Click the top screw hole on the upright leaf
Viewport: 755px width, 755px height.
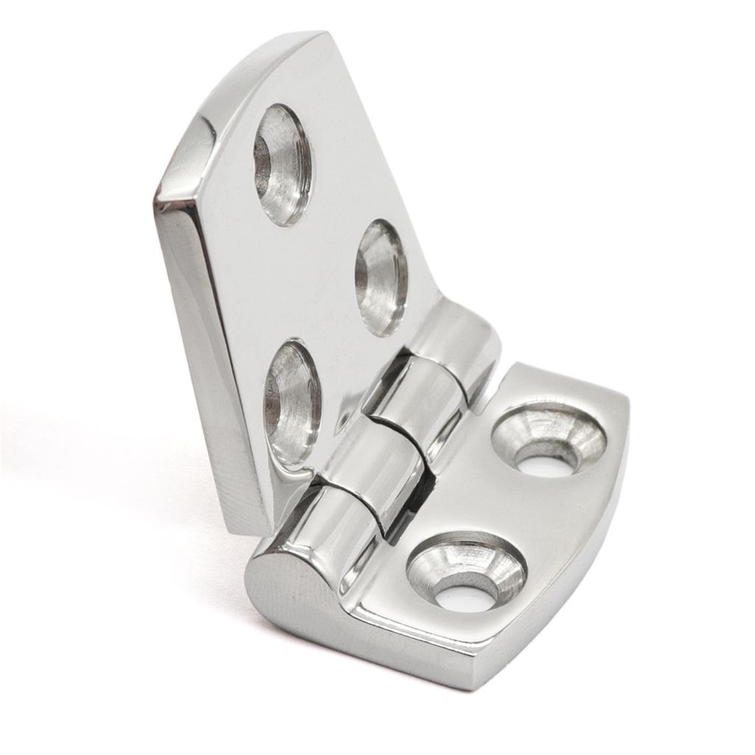click(x=282, y=164)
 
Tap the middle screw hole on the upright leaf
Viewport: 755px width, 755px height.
click(x=381, y=277)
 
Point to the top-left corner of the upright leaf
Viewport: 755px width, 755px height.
click(x=159, y=193)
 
